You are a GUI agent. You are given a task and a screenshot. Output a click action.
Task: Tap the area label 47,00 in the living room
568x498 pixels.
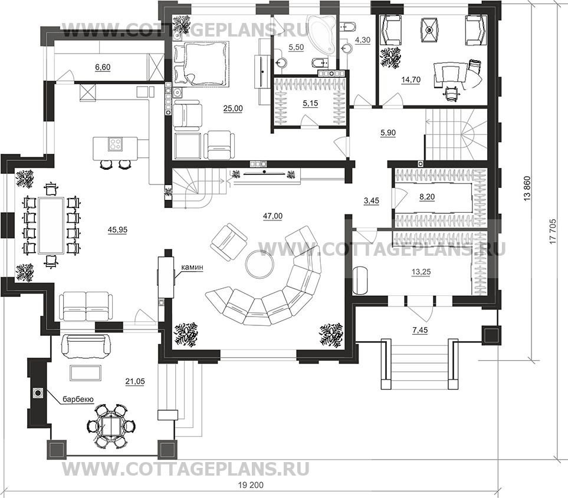coord(272,216)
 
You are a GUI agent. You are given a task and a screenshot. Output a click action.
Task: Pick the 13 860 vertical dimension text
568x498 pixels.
coord(528,188)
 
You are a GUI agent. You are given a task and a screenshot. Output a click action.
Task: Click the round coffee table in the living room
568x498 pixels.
coord(260,263)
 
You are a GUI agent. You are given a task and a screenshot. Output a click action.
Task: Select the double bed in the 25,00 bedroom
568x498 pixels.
coord(201,64)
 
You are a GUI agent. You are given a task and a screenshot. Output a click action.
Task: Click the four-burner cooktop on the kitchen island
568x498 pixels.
coord(116,144)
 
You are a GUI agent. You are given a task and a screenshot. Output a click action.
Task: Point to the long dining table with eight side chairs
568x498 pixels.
coord(50,226)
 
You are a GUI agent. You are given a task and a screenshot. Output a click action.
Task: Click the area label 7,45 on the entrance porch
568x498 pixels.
coord(419,329)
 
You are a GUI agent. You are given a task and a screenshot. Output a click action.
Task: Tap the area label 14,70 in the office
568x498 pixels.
coord(411,80)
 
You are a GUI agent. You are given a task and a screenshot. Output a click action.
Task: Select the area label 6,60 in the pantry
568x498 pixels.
coord(103,67)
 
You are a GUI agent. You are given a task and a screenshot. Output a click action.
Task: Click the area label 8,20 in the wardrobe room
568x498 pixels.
coord(427,197)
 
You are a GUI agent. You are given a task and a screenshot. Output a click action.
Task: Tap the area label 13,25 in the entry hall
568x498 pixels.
coord(421,272)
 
